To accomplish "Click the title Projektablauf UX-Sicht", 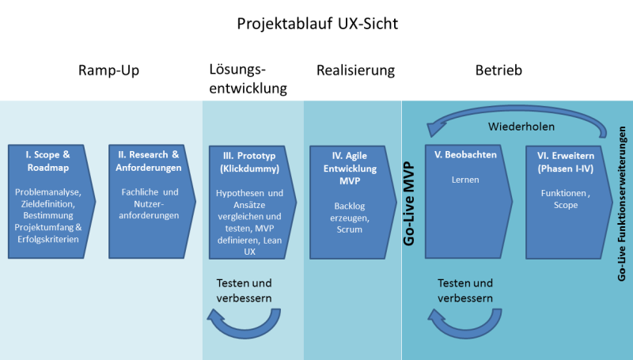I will coord(316,23).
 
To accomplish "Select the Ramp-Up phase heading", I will coord(108,70).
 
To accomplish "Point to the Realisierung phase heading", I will coord(355,70).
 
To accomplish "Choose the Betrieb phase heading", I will coord(498,70).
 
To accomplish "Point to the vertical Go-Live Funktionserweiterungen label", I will coord(623,203).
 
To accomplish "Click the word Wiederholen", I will coord(521,126).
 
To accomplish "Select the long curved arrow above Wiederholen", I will coord(514,112).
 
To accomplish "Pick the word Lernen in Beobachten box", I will coord(466,180).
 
